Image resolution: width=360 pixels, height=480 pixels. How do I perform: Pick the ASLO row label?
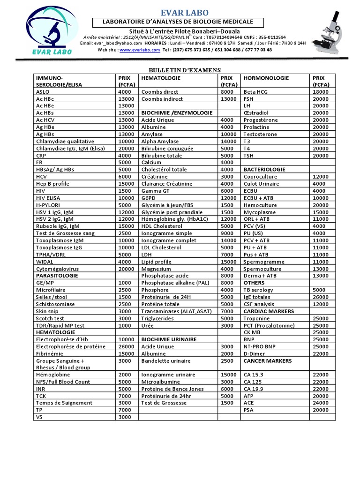tap(43, 92)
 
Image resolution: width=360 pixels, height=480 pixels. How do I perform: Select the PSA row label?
tap(249, 409)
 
